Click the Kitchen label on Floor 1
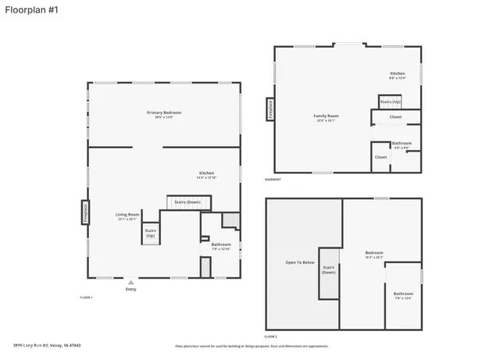tap(206, 174)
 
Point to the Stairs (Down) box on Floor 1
tap(187, 202)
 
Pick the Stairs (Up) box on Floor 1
tap(151, 232)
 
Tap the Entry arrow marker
tap(130, 282)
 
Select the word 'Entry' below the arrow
tap(130, 290)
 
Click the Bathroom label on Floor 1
tap(221, 246)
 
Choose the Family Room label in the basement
tap(326, 118)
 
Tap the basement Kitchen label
tap(398, 75)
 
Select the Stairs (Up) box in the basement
tap(391, 102)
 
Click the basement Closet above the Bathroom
tap(395, 117)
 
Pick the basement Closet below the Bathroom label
tap(380, 157)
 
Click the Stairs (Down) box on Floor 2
tap(329, 270)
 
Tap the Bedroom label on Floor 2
tap(374, 253)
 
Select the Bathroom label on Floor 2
tap(403, 294)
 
